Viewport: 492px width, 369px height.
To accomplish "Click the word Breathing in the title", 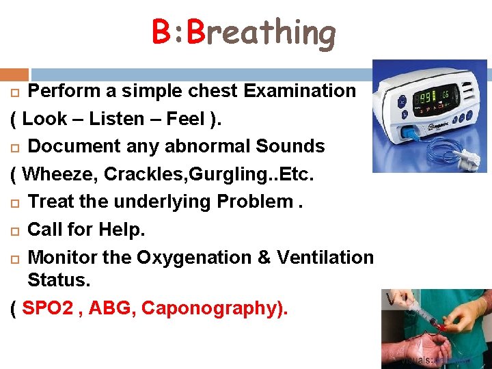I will coord(262,33).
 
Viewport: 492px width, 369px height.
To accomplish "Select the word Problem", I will coord(254,202).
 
